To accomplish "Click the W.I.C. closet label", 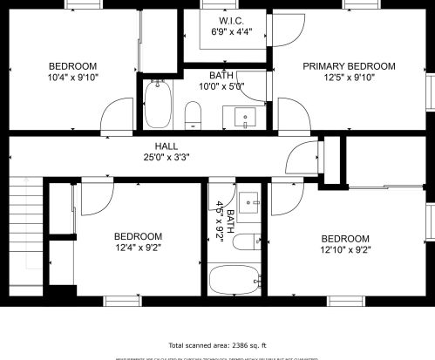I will (229, 20).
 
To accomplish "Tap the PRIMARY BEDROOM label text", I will (349, 66).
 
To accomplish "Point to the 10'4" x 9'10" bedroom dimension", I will (72, 78).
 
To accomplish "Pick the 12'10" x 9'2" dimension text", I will (346, 251).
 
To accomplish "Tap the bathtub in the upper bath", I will (158, 105).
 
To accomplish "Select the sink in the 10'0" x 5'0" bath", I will (245, 115).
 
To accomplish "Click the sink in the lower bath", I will (251, 201).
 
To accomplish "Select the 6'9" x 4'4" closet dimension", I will (229, 31).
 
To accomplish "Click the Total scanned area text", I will (217, 345).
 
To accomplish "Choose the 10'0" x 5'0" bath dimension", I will (221, 86).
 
